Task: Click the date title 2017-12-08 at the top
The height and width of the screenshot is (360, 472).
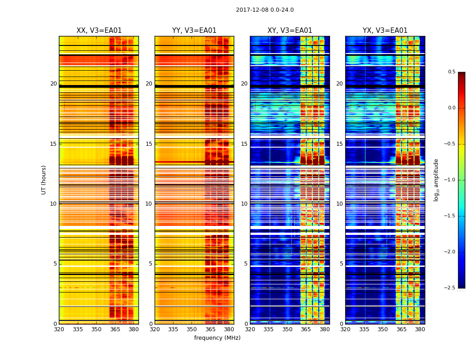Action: point(264,10)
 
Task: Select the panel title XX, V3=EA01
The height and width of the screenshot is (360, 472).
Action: point(99,31)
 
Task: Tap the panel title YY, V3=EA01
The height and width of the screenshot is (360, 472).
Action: point(194,31)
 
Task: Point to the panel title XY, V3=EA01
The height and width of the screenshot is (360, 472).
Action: point(289,31)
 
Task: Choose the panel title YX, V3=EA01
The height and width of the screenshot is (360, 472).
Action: point(385,31)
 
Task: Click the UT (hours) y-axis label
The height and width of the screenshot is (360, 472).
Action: point(44,180)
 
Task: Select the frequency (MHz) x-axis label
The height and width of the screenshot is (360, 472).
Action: point(217,338)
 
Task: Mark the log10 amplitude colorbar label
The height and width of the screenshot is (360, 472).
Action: point(436,180)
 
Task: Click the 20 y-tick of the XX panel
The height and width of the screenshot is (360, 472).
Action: point(53,84)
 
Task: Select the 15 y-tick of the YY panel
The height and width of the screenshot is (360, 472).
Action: point(149,144)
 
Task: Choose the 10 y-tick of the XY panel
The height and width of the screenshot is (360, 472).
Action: point(244,204)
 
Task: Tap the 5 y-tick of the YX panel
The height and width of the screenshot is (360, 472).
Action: point(341,264)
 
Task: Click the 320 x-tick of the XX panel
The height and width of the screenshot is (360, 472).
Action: point(59,329)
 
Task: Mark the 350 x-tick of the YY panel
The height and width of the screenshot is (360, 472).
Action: point(192,329)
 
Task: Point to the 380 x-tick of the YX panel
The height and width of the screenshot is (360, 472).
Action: point(420,329)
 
